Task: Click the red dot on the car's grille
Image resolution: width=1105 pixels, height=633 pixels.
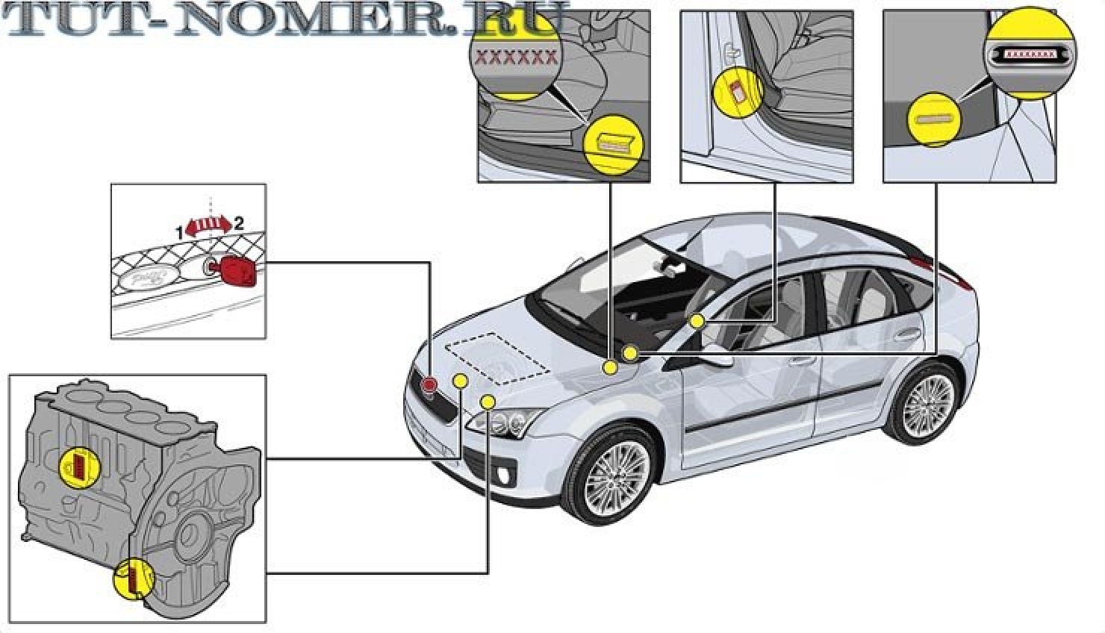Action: tap(429, 384)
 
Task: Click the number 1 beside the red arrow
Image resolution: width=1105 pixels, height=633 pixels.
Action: tap(179, 233)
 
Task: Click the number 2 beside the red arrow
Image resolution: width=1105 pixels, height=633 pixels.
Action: tap(238, 222)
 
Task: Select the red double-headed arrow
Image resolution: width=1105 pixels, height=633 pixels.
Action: tap(209, 227)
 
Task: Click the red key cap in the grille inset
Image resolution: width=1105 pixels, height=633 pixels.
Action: tap(238, 269)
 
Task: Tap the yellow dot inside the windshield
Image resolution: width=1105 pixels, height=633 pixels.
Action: tap(697, 321)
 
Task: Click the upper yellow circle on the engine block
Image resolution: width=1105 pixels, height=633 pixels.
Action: tap(79, 467)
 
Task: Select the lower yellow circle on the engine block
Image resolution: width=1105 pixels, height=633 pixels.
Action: tap(132, 578)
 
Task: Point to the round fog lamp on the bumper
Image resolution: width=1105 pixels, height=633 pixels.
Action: tap(507, 475)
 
